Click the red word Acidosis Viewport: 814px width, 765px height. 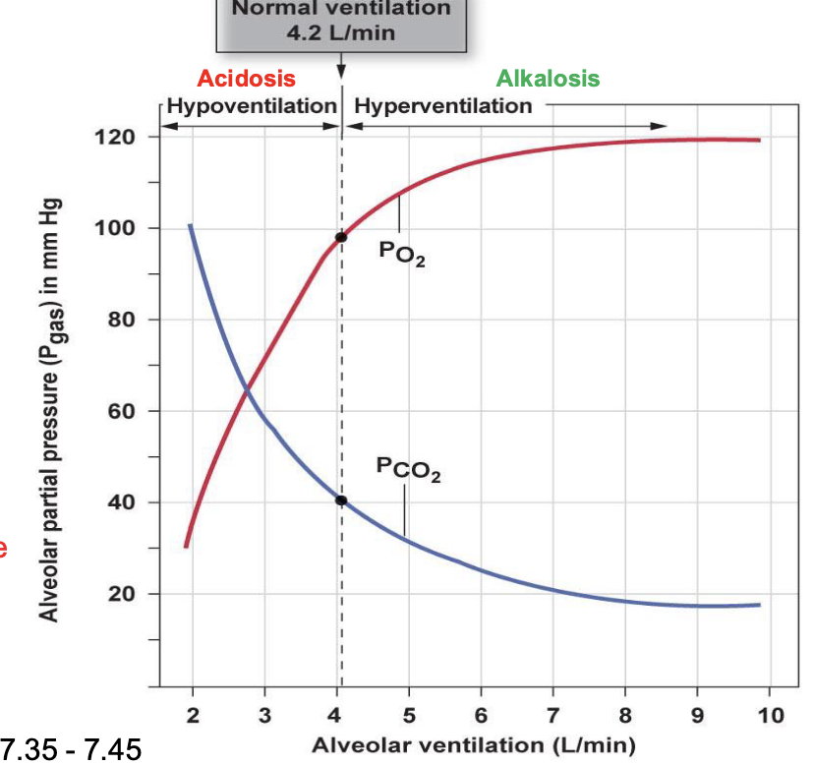tap(246, 79)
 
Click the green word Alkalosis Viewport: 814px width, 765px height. tap(548, 79)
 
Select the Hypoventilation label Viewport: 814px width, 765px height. tap(252, 105)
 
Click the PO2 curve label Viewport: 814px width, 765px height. tap(401, 253)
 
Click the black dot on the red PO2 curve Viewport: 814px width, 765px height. tap(341, 237)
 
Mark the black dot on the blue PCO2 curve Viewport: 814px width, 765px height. tap(341, 500)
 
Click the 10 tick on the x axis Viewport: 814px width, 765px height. tap(772, 714)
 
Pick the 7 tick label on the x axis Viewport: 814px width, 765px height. tap(553, 714)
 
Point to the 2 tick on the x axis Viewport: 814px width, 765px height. tap(193, 714)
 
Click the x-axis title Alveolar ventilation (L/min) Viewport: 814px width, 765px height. tap(473, 743)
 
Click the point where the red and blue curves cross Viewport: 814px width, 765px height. tap(246, 394)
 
